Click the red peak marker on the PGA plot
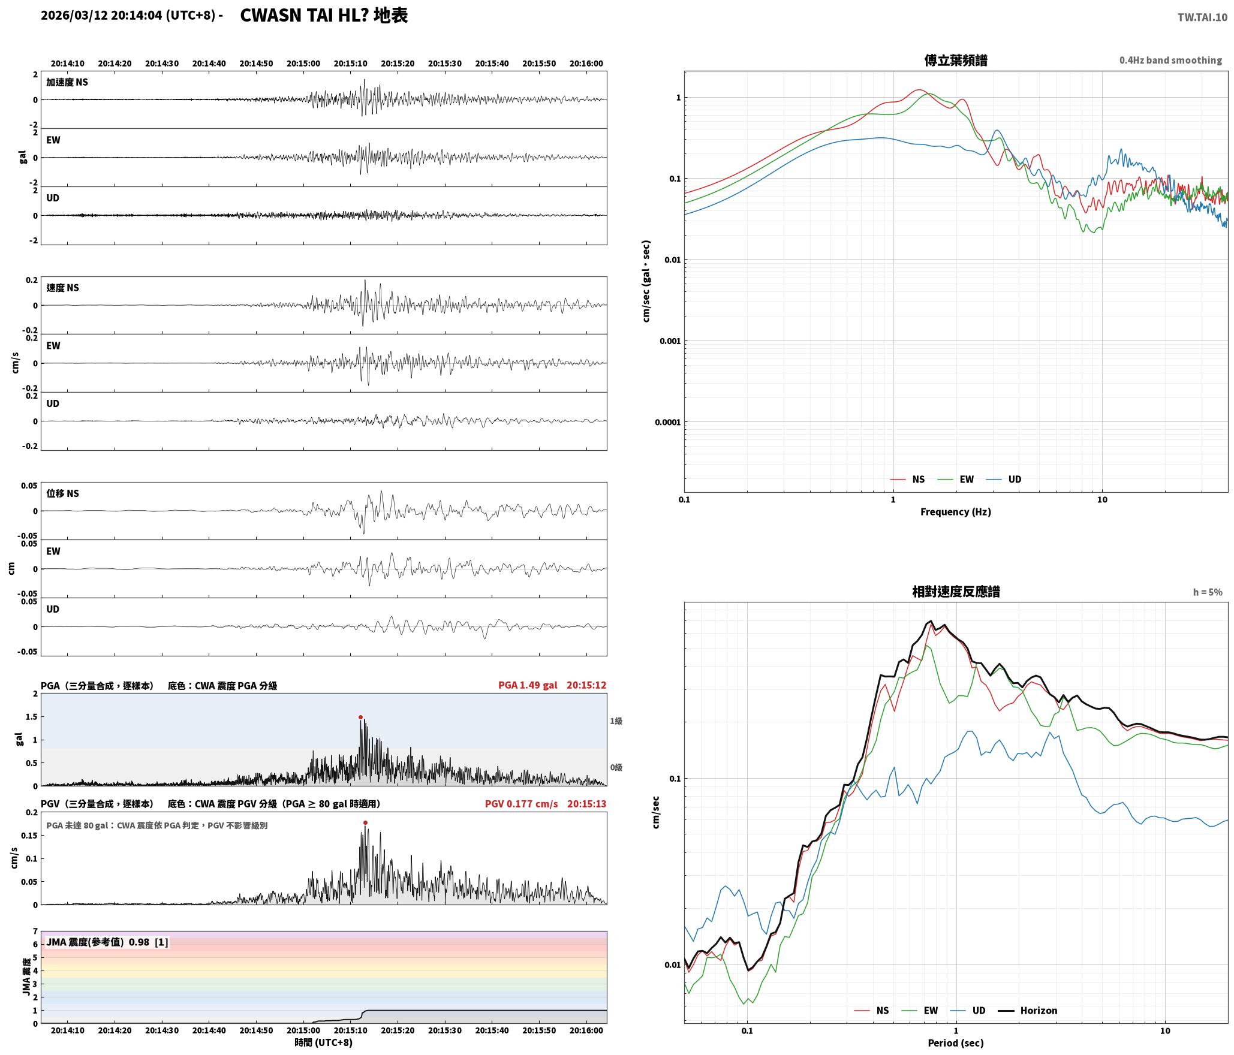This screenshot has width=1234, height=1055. coord(360,717)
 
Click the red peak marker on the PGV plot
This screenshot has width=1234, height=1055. coord(365,822)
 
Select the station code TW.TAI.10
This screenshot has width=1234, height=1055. coord(1202,17)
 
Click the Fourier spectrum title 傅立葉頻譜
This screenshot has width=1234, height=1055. coord(956,61)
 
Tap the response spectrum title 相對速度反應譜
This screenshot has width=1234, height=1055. coord(956,592)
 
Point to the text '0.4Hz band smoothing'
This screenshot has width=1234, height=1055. coord(1170,61)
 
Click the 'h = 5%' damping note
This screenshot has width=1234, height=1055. coord(1208,592)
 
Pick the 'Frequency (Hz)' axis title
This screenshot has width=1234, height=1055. coord(956,512)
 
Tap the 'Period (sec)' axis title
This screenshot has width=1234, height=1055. coord(956,1043)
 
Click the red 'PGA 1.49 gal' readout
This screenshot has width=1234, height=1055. coord(528,685)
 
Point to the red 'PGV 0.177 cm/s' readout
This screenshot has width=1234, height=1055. coord(521,804)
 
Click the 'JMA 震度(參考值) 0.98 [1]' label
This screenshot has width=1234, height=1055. coord(107,942)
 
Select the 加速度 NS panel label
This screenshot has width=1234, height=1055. coord(67,82)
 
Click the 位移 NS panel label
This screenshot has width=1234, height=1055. coord(63,493)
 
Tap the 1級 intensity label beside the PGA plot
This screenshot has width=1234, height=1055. coord(616,721)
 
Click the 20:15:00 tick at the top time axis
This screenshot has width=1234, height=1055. coord(303,64)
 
